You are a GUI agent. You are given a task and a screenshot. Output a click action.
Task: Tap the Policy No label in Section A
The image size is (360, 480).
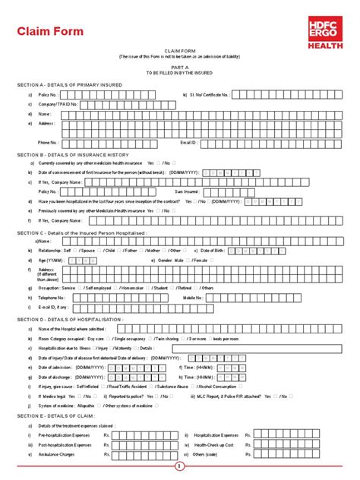48,94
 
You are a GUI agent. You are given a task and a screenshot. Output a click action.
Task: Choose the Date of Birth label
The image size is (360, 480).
214,249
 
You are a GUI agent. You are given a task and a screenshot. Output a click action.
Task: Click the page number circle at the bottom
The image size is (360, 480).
179,466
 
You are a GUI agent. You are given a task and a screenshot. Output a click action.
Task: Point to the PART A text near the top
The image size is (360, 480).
180,66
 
